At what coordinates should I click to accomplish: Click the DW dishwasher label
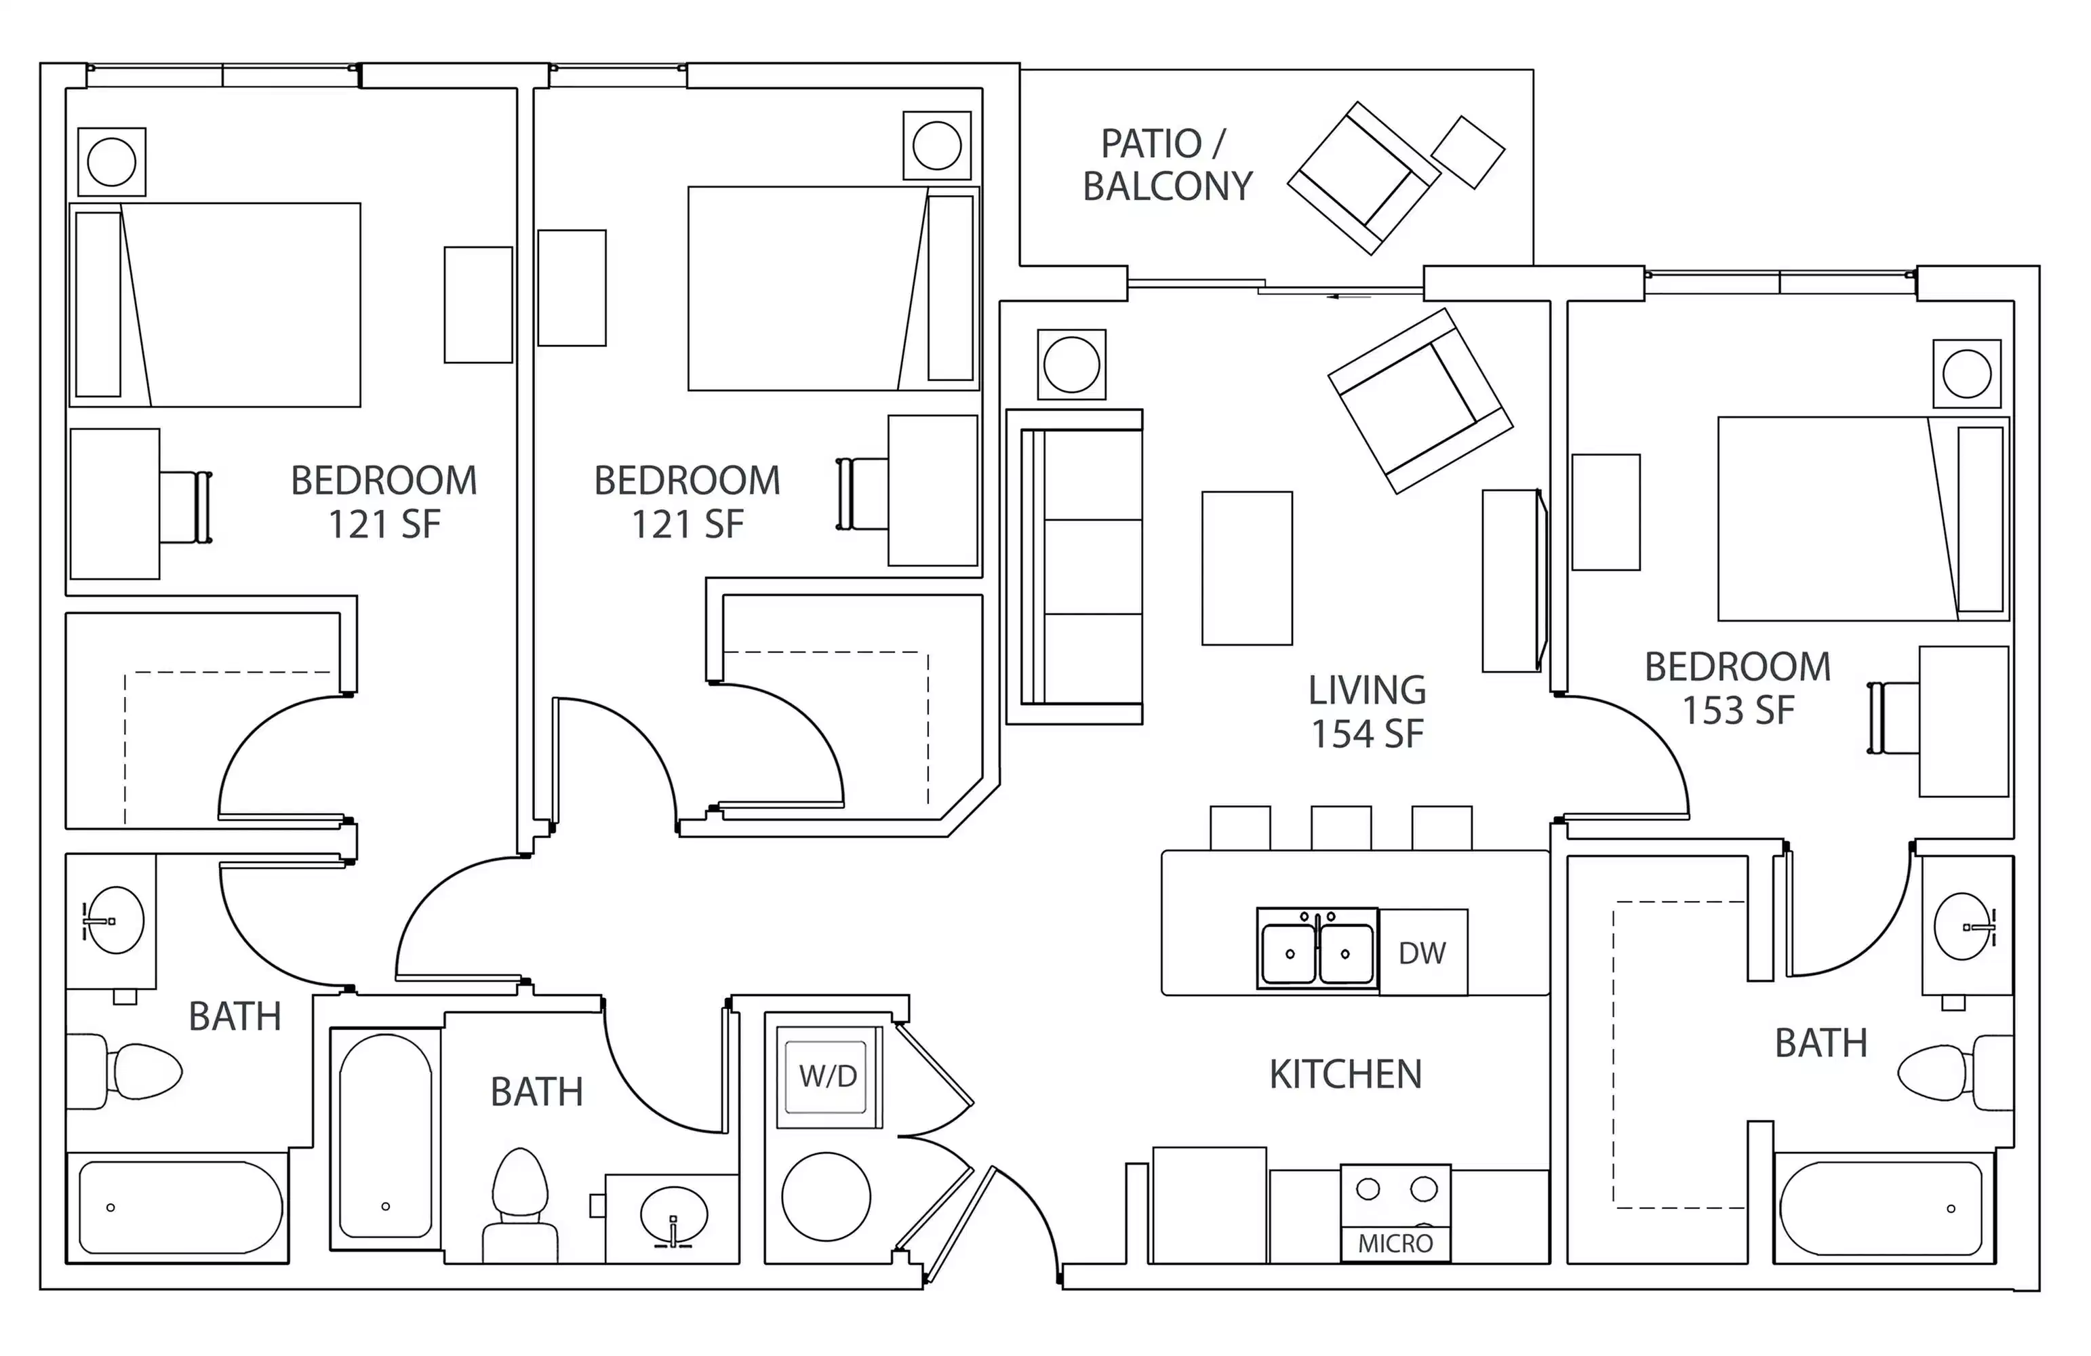(1422, 953)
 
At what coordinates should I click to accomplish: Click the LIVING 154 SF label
(1366, 712)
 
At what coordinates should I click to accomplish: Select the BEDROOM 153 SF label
(1737, 688)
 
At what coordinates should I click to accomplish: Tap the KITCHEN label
(1345, 1074)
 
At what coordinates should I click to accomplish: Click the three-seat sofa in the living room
(1081, 567)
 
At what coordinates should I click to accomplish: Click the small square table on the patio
(1467, 152)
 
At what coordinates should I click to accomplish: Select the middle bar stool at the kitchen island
(1340, 828)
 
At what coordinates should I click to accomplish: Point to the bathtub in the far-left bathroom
(180, 1208)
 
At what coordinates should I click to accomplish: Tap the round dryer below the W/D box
(826, 1197)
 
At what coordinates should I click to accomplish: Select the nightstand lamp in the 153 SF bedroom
(1966, 374)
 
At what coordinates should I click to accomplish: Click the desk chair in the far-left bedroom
(186, 507)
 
